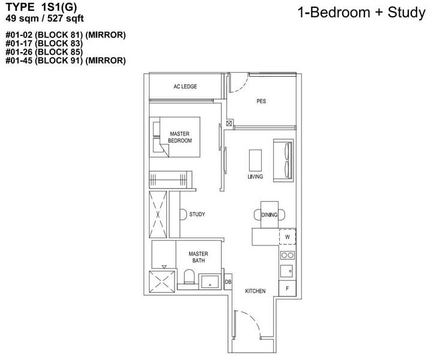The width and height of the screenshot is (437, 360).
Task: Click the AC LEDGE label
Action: [185, 87]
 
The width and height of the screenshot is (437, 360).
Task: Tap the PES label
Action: [261, 101]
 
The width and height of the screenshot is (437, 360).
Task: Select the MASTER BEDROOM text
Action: [180, 137]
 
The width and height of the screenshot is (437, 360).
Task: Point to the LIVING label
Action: [255, 178]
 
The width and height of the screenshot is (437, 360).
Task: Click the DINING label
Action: [270, 214]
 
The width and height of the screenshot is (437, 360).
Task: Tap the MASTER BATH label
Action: [197, 257]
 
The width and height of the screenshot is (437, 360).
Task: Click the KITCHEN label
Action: [255, 292]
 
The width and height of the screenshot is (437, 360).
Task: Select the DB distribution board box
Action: [228, 281]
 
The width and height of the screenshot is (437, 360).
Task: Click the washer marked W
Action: [288, 237]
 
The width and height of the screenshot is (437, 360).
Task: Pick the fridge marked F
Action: [288, 288]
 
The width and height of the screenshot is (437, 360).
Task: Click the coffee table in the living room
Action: [255, 160]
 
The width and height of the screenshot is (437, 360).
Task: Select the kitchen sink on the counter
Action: [287, 271]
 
